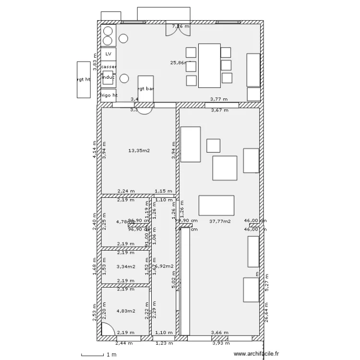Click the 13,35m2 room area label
pos(139,151)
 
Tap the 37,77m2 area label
pos(220,222)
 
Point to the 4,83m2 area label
pos(125,311)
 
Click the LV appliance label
pos(108,54)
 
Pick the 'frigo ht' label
pos(108,95)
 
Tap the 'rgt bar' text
pos(145,89)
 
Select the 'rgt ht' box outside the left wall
pos(84,80)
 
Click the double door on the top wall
pos(174,28)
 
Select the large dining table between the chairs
pos(209,65)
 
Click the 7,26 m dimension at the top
pos(181,26)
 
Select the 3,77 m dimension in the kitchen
pos(218,99)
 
